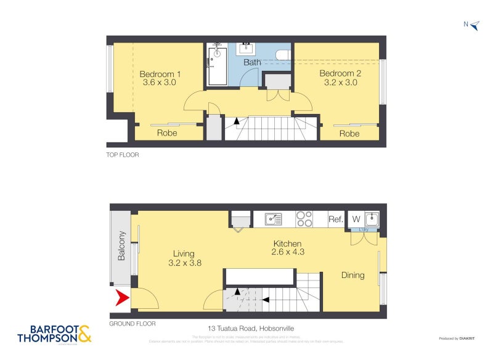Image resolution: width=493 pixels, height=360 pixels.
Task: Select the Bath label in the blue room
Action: [x=252, y=62]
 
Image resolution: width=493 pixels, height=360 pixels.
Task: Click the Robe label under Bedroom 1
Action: [x=166, y=133]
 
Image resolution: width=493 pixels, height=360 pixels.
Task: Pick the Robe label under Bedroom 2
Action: [x=349, y=134]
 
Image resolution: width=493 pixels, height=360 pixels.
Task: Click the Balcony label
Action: [x=121, y=245]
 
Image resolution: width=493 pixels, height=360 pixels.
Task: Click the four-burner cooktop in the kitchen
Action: [x=304, y=219]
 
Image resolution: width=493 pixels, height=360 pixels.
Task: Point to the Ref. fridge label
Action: [x=335, y=219]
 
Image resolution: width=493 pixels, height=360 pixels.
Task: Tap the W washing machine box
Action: [x=355, y=219]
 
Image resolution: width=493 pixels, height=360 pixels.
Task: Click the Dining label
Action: [x=353, y=275]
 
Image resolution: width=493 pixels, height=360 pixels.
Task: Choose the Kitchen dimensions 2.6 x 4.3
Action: [x=288, y=252]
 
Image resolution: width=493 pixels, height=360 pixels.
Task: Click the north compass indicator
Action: [x=472, y=25]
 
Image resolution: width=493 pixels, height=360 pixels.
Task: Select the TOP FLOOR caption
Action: [x=123, y=155]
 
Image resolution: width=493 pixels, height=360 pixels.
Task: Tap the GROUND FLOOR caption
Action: [x=132, y=324]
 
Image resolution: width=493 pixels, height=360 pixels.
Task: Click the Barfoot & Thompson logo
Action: [x=54, y=333]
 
